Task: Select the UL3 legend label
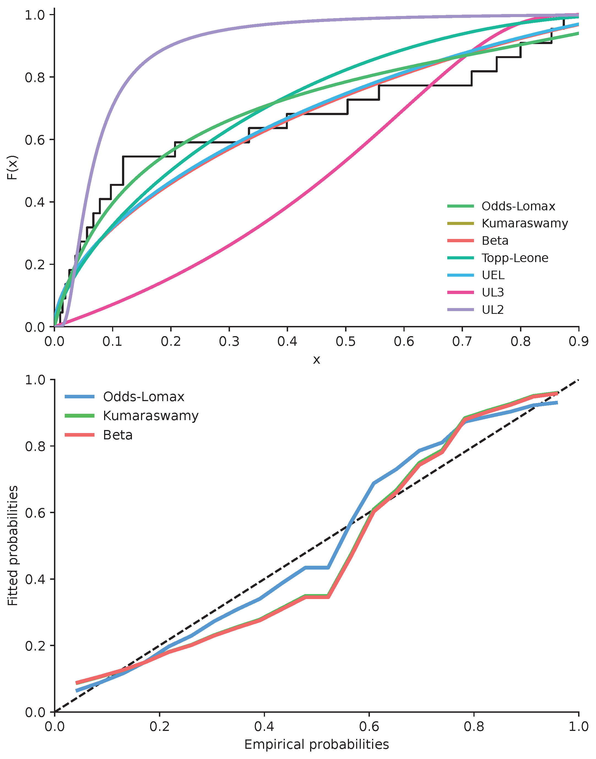[x=493, y=292]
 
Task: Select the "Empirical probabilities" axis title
[x=316, y=744]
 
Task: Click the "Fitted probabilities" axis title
[x=13, y=546]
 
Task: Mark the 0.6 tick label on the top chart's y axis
[x=35, y=140]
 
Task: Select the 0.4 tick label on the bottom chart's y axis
[x=35, y=579]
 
